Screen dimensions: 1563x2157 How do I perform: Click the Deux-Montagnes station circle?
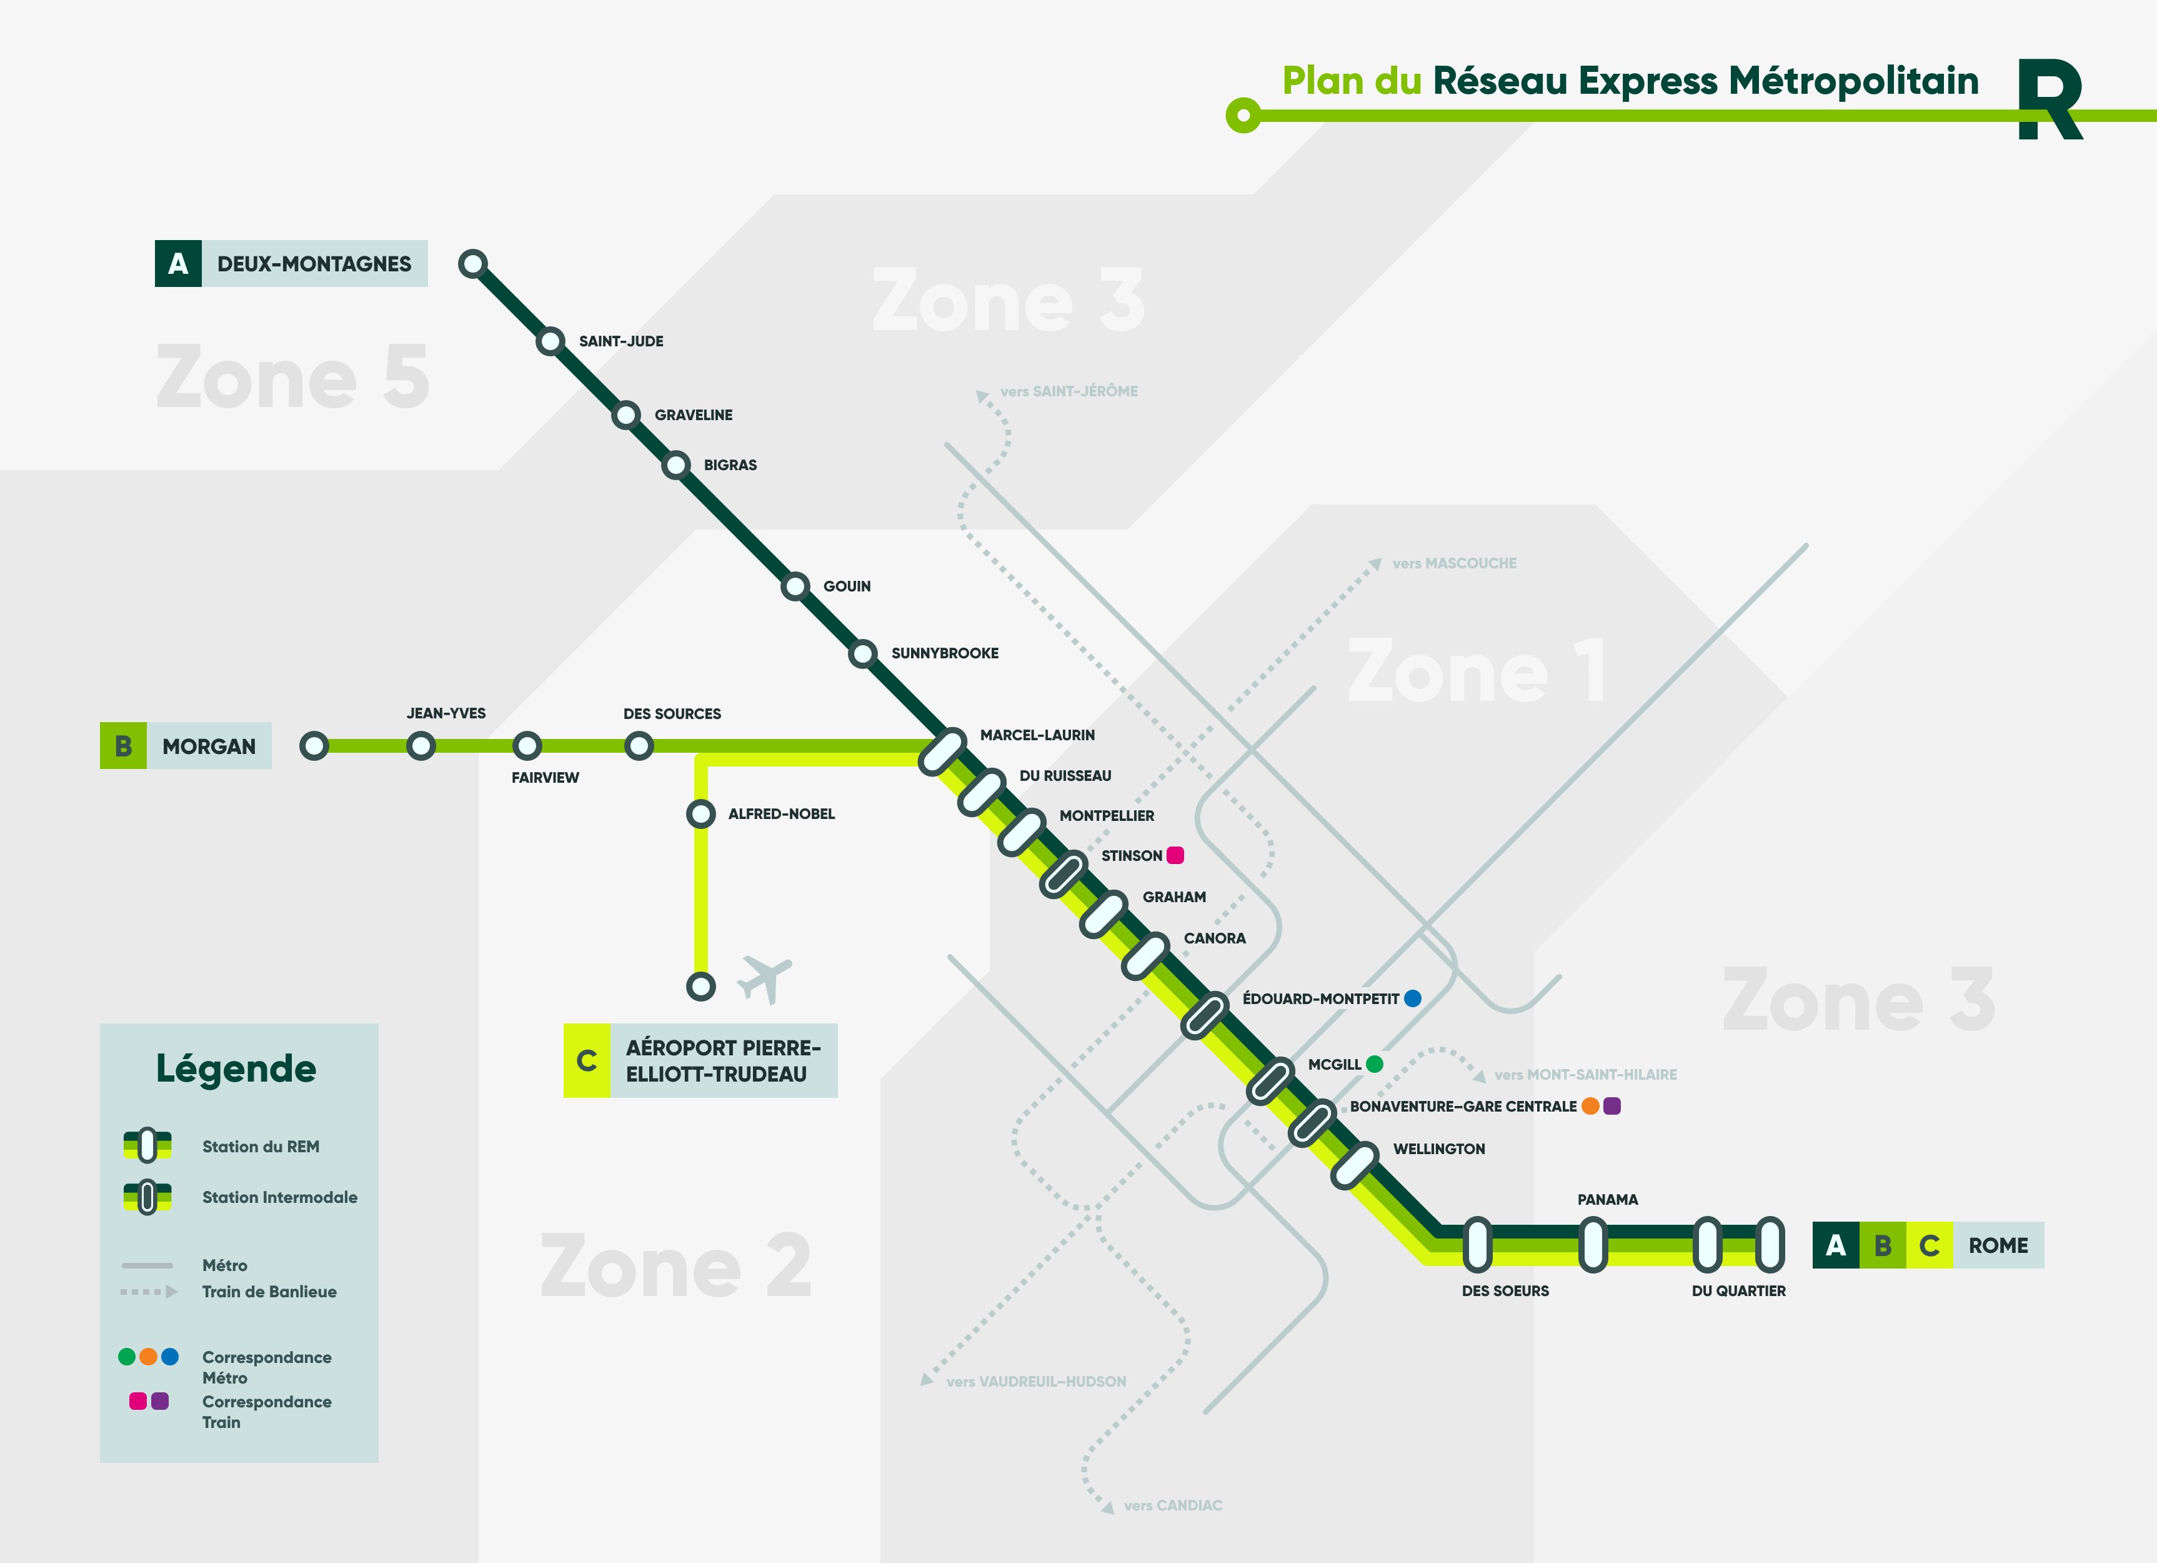(x=472, y=263)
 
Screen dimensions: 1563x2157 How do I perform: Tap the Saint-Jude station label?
(x=621, y=341)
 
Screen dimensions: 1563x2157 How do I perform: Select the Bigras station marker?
(x=676, y=465)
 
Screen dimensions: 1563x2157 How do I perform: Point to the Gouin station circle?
(x=795, y=586)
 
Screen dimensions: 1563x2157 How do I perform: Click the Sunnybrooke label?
(x=944, y=653)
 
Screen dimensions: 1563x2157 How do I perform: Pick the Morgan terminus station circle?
(x=314, y=746)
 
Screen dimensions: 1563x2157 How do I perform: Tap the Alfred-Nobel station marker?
(x=701, y=814)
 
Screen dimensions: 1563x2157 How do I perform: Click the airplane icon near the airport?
(x=765, y=978)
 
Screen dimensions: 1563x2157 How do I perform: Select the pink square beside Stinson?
(x=1175, y=855)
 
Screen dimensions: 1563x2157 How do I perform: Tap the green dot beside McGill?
(x=1374, y=1063)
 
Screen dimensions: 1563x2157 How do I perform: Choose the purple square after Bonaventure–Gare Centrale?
(x=1612, y=1105)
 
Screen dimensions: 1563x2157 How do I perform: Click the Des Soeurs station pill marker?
(x=1477, y=1244)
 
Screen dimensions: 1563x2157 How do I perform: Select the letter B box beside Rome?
(x=1882, y=1245)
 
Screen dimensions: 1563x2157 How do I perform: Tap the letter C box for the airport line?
(x=587, y=1061)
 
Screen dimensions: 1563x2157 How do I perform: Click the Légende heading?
(x=236, y=1068)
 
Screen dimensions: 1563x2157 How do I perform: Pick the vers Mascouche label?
(x=1454, y=563)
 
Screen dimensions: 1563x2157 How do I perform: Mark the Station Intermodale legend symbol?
(x=147, y=1197)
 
